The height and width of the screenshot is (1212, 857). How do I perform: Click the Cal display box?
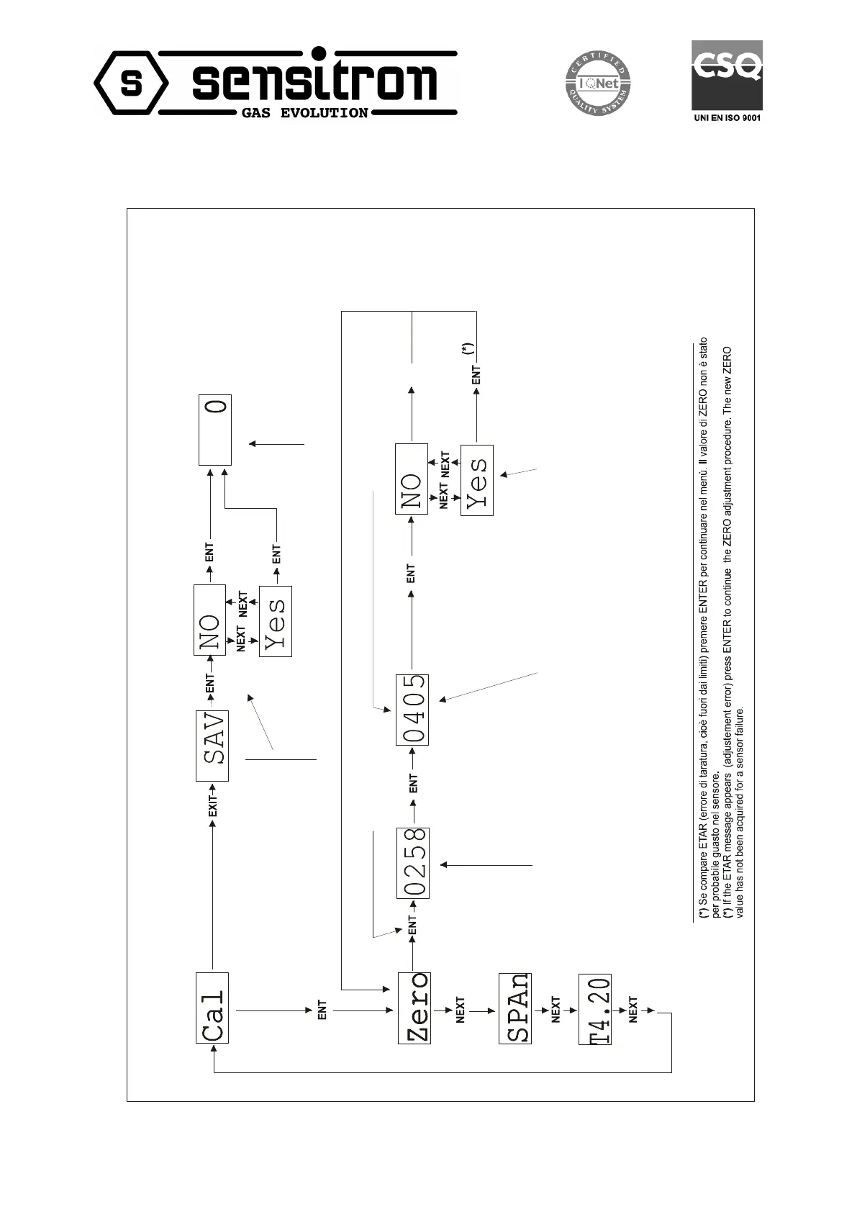212,1007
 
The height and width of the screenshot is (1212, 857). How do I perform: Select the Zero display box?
414,1007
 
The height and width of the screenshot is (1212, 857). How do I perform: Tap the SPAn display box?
514,1008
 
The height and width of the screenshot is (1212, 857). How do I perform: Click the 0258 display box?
412,862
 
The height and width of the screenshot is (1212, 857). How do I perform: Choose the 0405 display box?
412,709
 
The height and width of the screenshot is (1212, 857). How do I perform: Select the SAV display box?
212,746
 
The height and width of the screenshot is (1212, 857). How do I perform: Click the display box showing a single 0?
215,429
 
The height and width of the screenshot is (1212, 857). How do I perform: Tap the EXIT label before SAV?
212,801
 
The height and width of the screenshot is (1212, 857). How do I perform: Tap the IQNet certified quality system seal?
597,83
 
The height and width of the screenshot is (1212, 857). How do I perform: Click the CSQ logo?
727,75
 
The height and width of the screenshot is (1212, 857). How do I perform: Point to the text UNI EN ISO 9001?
727,117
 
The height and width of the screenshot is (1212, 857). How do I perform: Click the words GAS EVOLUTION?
304,113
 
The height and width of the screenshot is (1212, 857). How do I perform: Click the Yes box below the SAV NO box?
276,621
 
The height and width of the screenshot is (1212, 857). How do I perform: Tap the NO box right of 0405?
412,479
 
